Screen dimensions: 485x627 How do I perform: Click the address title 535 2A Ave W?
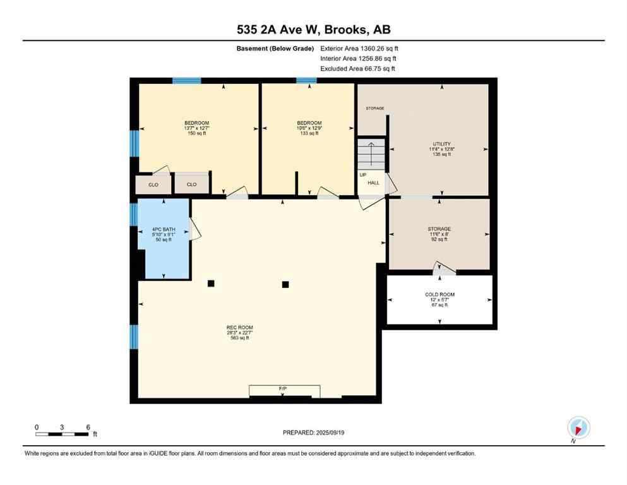(313, 30)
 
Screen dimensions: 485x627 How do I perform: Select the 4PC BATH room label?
(163, 234)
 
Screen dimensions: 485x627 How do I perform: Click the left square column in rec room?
(211, 284)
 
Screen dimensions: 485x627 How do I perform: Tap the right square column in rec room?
(285, 284)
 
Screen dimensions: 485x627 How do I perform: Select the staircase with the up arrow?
(371, 154)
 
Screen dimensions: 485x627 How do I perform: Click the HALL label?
(374, 183)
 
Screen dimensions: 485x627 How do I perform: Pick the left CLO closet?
(153, 184)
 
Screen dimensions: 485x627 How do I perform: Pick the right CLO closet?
(191, 184)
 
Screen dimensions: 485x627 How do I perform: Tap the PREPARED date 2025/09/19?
(313, 433)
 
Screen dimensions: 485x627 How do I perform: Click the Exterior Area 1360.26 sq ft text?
(359, 48)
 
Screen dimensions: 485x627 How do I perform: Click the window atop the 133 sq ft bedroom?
(306, 81)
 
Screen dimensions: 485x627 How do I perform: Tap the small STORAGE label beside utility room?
(374, 109)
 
